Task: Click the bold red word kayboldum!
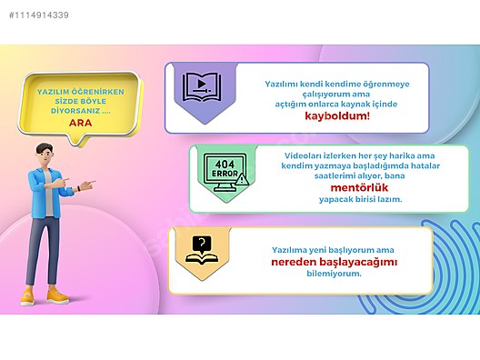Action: coord(331,115)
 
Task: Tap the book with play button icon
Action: coord(199,87)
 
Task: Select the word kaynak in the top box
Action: coord(366,103)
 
